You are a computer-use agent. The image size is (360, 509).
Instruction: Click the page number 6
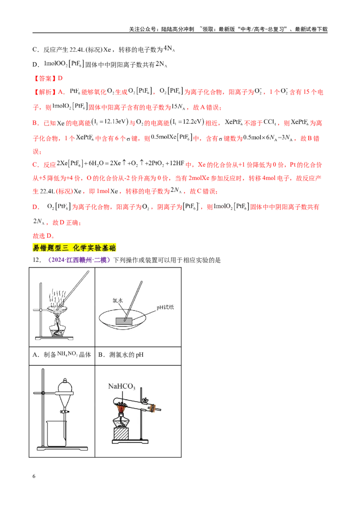[x=34, y=476]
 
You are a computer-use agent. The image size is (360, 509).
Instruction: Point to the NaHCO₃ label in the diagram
[x=121, y=386]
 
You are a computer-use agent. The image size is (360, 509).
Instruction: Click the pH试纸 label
[x=165, y=307]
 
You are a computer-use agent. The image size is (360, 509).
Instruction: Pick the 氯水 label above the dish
[x=117, y=300]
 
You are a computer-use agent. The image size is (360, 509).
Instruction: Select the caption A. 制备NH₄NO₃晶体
[x=62, y=354]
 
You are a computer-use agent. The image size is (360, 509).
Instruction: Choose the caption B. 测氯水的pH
[x=121, y=355]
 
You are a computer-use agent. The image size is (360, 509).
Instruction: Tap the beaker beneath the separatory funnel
[x=56, y=434]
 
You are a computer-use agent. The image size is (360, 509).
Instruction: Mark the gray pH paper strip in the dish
[x=124, y=321]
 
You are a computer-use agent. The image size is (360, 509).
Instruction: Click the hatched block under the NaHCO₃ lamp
[x=121, y=434]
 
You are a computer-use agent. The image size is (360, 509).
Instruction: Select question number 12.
[x=37, y=260]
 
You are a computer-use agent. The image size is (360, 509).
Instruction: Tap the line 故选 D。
[x=44, y=236]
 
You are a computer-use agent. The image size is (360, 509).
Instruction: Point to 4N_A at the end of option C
[x=169, y=49]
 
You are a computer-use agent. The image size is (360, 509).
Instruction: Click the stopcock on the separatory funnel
[x=64, y=411]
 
